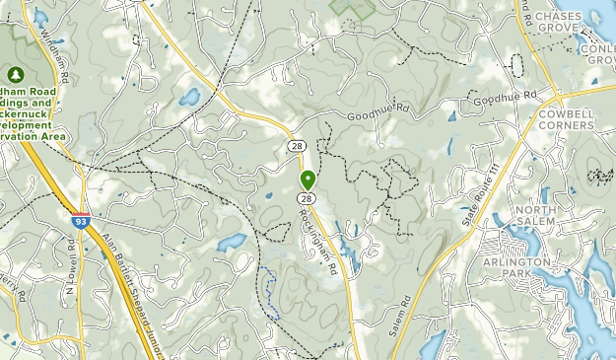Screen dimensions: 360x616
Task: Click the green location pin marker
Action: pos(308,180)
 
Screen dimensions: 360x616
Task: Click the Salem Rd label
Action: pos(397,317)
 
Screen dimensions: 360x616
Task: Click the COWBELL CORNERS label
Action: pos(567,120)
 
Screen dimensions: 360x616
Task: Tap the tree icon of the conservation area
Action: pos(16,74)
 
